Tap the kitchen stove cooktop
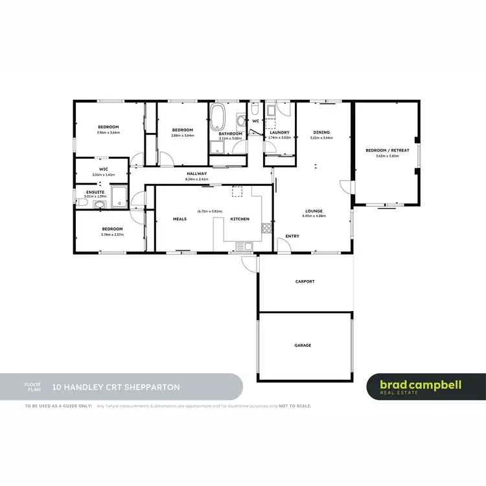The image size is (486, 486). click(x=265, y=227)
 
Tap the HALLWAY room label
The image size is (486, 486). click(x=196, y=174)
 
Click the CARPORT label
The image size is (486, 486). click(x=305, y=281)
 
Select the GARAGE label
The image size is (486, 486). click(x=303, y=345)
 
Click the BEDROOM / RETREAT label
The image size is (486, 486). click(x=383, y=150)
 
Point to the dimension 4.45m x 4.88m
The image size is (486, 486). click(x=314, y=216)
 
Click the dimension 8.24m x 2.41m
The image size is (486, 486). click(x=196, y=179)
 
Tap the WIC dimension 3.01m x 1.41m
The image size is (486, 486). click(x=103, y=175)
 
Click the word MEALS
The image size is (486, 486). click(x=179, y=219)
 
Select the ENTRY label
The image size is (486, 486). click(x=292, y=236)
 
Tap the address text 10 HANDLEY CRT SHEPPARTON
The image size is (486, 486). click(x=116, y=388)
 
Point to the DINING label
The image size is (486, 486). click(x=321, y=132)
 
